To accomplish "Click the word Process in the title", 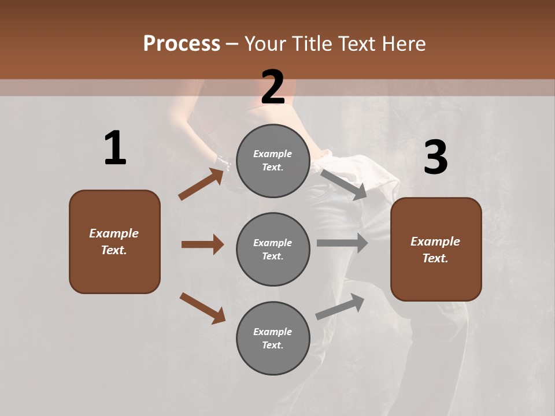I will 182,44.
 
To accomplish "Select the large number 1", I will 115,148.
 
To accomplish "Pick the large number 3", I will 435,158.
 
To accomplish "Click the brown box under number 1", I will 114,242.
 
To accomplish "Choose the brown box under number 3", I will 436,250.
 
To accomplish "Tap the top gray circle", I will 273,160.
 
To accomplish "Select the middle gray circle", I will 273,249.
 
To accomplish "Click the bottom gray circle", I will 273,338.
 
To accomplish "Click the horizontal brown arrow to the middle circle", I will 202,244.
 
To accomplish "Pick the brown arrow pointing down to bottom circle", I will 202,308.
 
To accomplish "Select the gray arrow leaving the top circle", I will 343,184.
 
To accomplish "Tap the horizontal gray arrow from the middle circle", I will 342,243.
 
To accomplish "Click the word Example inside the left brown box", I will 114,233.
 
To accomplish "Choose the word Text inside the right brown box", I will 435,258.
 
